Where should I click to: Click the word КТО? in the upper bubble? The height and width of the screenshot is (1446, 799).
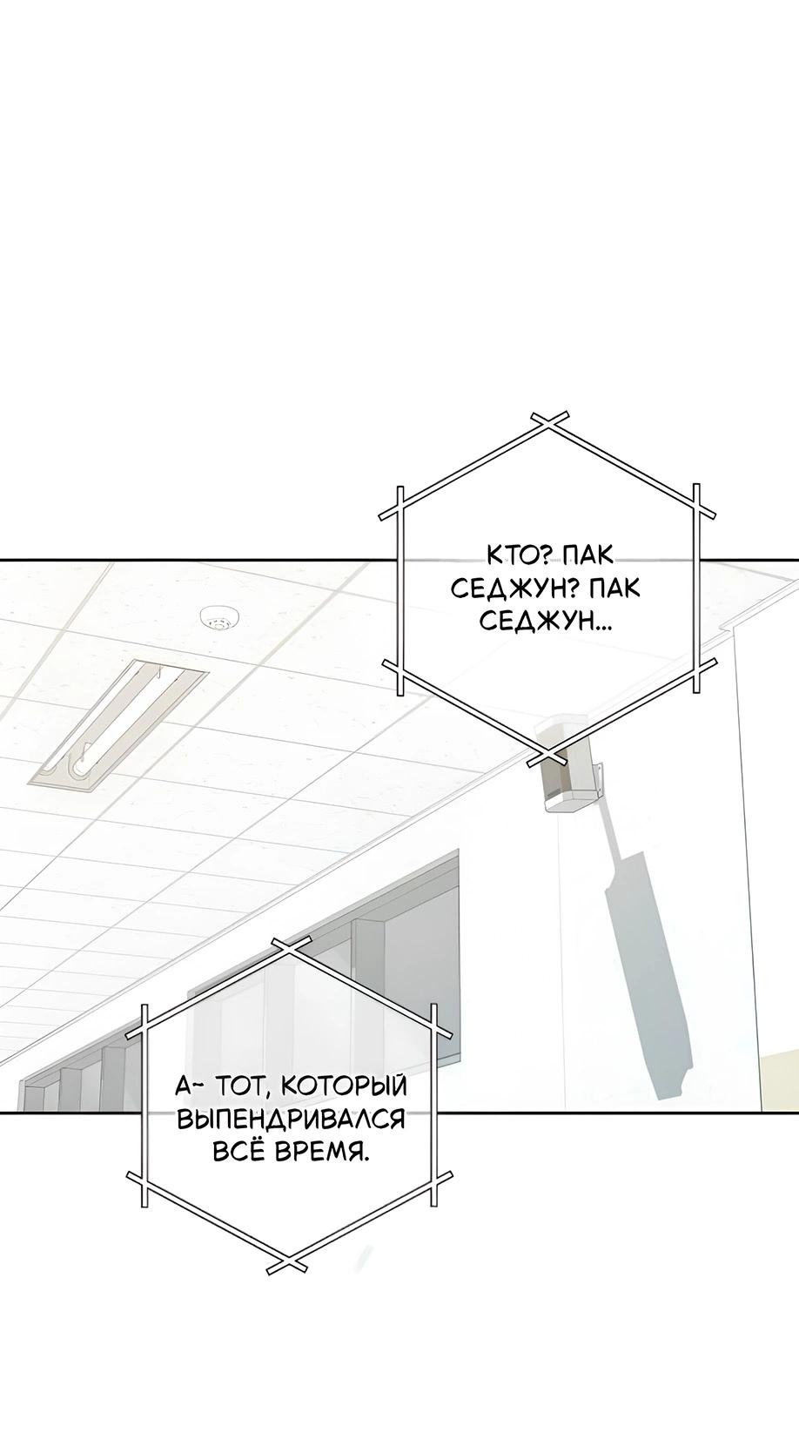[515, 555]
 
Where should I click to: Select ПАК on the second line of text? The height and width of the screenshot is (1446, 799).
[614, 588]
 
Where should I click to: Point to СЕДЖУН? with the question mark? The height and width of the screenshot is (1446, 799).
[515, 588]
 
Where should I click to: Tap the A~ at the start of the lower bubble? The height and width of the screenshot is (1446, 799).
[188, 1086]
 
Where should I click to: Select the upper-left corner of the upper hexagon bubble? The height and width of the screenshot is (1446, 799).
[400, 503]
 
